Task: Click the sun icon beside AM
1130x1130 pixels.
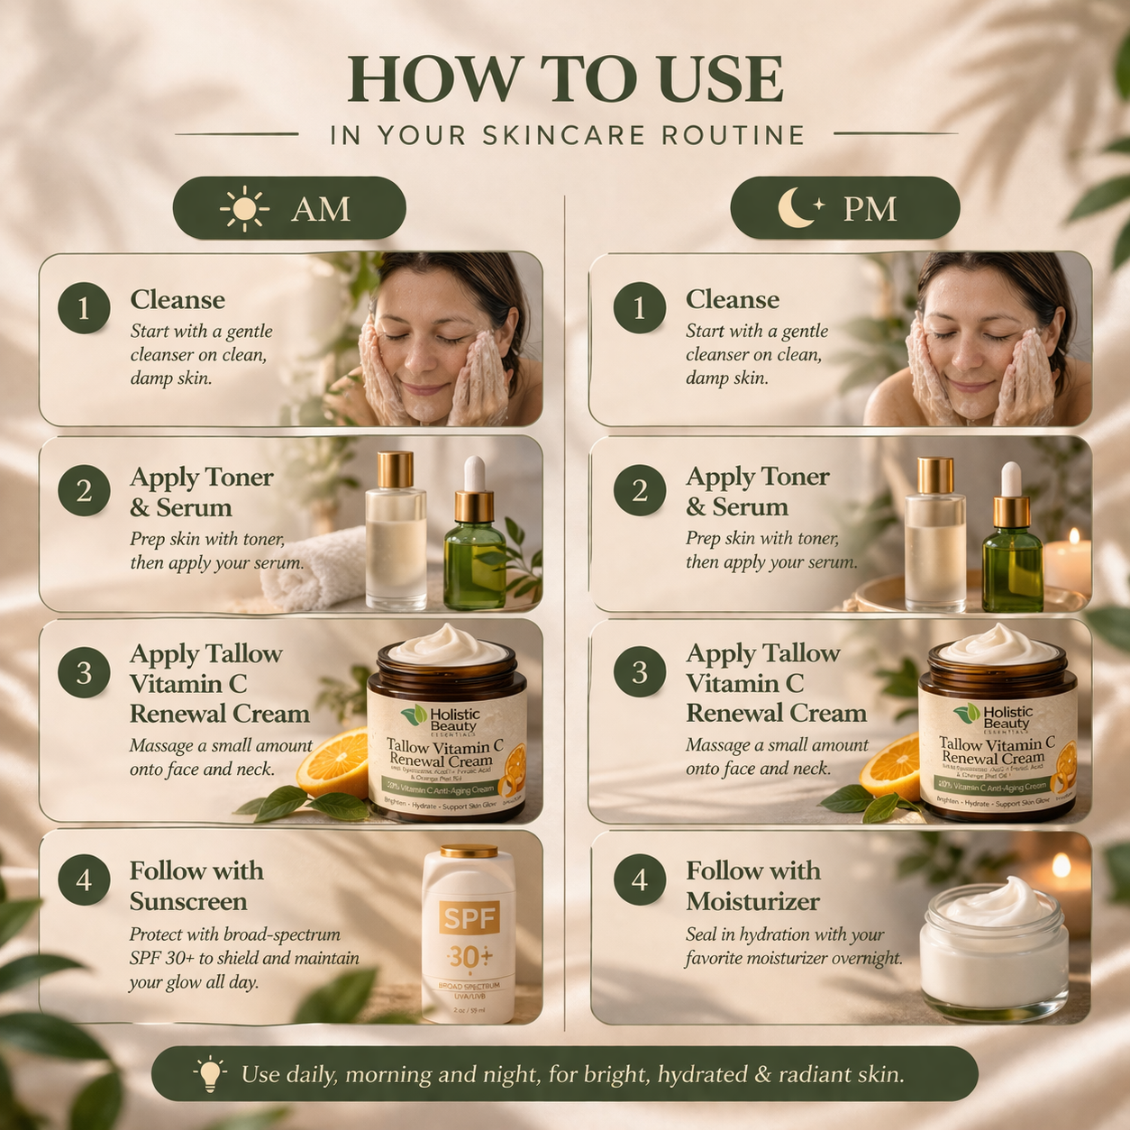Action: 244,209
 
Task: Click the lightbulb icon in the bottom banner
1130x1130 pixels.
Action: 210,1074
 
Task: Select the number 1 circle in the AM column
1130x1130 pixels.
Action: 84,308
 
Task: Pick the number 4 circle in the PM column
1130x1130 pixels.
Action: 640,879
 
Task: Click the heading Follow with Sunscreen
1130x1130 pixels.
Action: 196,886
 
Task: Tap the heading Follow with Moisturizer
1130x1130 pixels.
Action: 753,886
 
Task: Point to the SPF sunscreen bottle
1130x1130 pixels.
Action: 469,937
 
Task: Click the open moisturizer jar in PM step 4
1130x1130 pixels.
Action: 994,946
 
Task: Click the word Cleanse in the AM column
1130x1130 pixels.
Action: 178,300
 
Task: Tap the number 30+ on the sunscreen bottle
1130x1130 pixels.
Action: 469,955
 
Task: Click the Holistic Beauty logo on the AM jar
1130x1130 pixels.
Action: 447,719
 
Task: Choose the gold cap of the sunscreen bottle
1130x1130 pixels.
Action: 469,852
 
